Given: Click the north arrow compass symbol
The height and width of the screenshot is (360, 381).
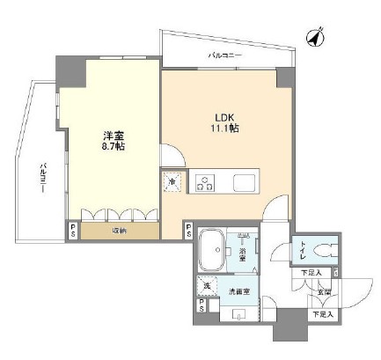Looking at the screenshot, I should tap(315, 37).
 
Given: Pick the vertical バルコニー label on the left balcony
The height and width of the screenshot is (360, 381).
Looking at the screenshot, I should tap(41, 179).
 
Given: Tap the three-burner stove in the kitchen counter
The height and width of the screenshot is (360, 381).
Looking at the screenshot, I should tap(205, 182).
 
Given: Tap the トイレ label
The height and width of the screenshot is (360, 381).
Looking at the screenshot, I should tap(304, 251).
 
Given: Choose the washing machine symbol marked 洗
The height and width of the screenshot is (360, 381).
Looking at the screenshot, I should tap(207, 286).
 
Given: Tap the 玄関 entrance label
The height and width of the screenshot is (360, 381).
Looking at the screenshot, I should tap(324, 292).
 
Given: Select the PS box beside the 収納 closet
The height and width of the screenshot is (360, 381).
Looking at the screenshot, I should tap(72, 231).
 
